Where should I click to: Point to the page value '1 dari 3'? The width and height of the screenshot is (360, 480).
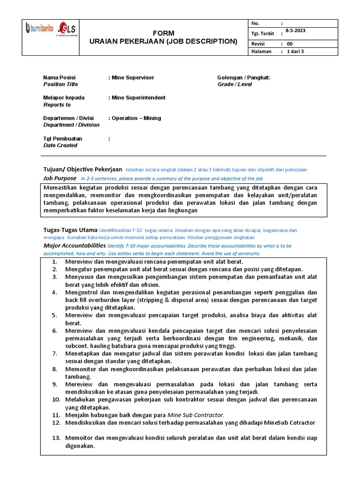coord(295,52)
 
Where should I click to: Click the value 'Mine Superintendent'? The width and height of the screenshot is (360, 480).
coord(138,97)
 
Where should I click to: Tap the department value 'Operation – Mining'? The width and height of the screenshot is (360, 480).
coord(136,118)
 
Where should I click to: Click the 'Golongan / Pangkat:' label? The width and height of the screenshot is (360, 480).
coord(243,77)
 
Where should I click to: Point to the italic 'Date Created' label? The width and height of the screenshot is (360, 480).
coord(60,145)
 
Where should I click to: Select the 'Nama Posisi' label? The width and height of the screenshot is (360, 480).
coord(59,77)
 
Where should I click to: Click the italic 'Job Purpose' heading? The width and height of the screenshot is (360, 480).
coord(60,178)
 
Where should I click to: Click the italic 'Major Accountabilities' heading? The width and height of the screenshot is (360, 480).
coord(75,245)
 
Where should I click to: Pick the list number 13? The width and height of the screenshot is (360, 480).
coord(56,438)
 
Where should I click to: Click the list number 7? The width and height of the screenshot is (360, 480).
coord(54,353)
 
